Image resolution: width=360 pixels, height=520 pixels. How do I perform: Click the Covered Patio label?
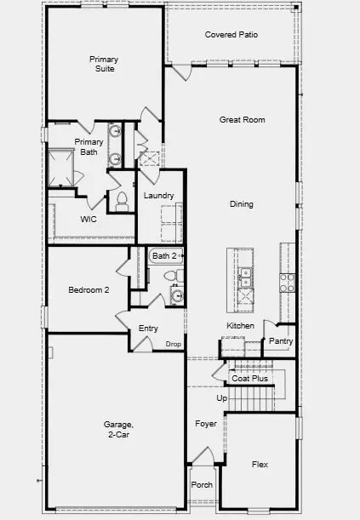click(x=231, y=35)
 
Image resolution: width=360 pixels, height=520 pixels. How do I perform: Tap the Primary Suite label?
click(x=104, y=64)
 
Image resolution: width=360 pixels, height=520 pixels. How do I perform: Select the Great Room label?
click(x=242, y=120)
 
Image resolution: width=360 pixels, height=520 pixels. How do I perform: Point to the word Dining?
click(x=242, y=204)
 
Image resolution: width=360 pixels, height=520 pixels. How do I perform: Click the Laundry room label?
click(x=159, y=196)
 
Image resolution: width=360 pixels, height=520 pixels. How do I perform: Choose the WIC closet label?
click(x=89, y=220)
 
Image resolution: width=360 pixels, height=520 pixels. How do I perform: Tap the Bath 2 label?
click(x=163, y=255)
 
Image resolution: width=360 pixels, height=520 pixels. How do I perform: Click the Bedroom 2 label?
click(x=89, y=290)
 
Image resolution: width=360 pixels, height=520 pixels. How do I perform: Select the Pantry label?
click(x=280, y=341)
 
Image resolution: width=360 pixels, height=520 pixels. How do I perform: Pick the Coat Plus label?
click(x=250, y=378)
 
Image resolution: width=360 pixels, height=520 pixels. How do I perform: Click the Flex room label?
click(x=260, y=465)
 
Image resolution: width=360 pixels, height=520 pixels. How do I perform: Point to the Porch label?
click(x=203, y=485)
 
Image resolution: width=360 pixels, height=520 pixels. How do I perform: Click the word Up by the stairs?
click(x=222, y=397)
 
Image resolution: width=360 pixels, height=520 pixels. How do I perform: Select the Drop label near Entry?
click(x=173, y=344)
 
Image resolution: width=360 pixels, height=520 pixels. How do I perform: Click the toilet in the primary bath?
click(x=121, y=201)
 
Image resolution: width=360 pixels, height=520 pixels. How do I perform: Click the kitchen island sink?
click(x=244, y=274)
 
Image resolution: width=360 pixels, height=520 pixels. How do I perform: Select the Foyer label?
click(x=206, y=423)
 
